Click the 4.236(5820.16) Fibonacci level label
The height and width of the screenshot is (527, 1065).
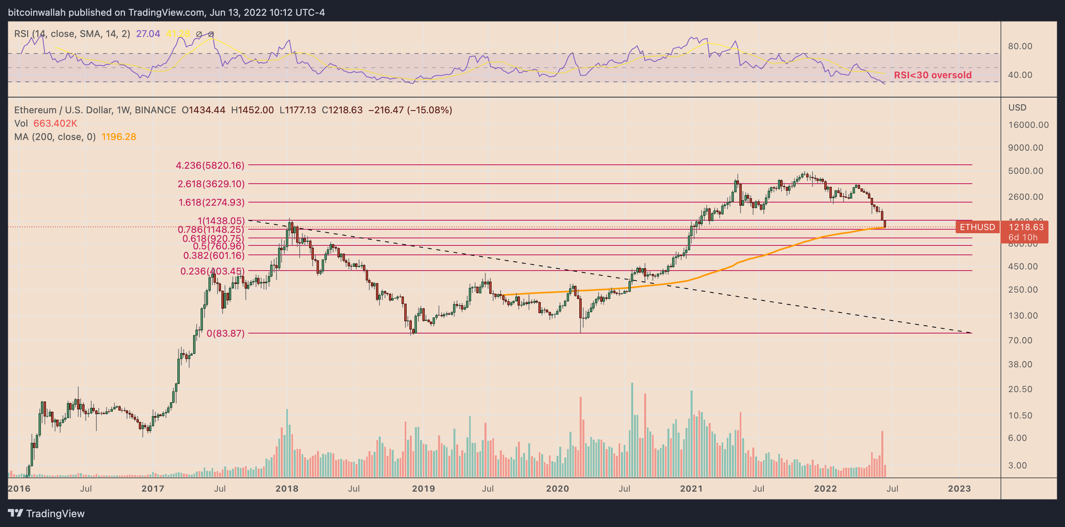tap(210, 165)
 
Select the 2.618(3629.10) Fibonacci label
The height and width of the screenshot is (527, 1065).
tap(211, 184)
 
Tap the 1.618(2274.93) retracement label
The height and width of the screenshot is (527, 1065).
tap(211, 203)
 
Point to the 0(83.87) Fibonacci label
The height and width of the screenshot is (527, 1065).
tap(225, 333)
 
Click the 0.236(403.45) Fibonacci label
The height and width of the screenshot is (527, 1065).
tap(212, 271)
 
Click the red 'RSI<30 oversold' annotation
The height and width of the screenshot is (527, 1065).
tap(932, 75)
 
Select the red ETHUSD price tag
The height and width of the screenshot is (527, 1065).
tap(977, 227)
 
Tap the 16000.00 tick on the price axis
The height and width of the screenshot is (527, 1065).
tap(1028, 125)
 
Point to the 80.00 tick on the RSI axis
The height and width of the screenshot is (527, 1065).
tap(1019, 46)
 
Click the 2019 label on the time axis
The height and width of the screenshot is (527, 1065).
tap(423, 488)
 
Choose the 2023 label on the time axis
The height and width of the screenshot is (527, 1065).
tap(959, 488)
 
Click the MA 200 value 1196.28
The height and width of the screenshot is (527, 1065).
tap(119, 137)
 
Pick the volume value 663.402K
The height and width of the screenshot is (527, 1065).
tap(55, 123)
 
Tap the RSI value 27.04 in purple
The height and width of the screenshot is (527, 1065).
tap(148, 34)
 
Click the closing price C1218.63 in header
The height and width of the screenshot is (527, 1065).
tap(342, 111)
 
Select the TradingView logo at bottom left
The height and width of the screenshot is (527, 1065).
tap(46, 513)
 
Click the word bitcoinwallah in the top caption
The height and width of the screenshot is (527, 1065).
tap(37, 13)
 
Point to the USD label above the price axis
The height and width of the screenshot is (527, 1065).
tap(1017, 107)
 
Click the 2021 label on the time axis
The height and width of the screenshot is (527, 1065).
tap(691, 488)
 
